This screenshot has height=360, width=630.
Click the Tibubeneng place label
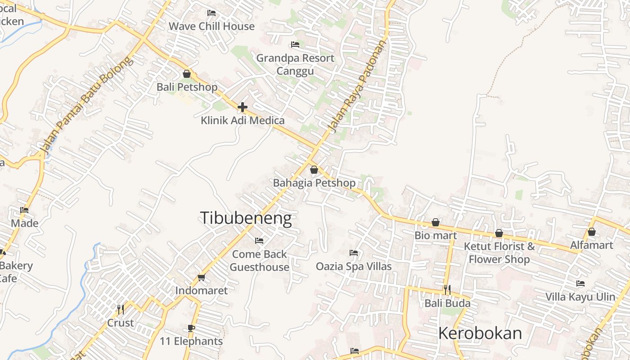point(246,218)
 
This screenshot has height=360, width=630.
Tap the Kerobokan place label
point(480,333)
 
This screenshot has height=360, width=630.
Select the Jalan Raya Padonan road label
point(358,87)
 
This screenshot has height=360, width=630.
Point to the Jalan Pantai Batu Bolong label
point(86,104)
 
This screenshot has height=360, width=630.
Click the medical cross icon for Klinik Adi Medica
point(243,107)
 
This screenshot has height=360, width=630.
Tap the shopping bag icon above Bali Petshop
point(187,74)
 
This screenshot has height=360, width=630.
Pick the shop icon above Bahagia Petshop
point(314,170)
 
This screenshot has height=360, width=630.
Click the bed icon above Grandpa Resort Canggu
point(295,45)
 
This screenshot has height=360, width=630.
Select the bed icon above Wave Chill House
point(211,13)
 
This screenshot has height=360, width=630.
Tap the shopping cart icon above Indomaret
point(201,277)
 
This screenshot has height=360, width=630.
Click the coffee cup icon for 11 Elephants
point(191,328)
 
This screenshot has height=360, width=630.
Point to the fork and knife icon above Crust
point(121,310)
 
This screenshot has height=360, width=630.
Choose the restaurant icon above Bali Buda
point(447,289)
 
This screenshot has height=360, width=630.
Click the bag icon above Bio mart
point(436,222)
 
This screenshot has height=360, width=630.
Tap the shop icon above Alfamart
point(592,232)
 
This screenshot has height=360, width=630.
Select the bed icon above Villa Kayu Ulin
point(580,283)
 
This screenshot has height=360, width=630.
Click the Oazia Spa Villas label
point(354,266)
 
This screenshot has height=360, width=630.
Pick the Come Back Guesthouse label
point(259,261)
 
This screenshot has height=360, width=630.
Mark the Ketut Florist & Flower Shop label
point(499,253)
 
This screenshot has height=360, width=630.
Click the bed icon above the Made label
point(24,210)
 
